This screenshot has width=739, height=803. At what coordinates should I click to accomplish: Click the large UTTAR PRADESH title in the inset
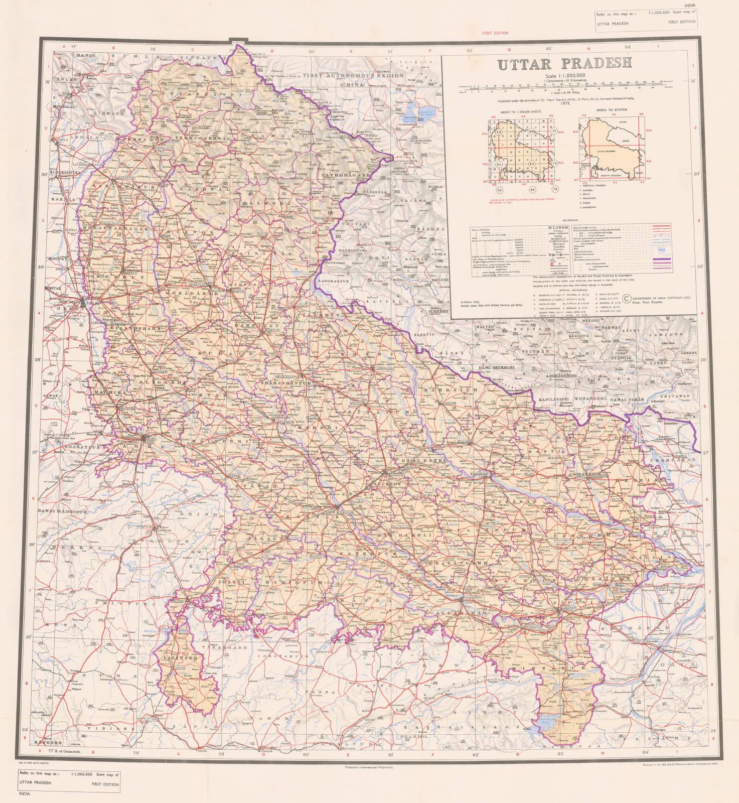point(564,64)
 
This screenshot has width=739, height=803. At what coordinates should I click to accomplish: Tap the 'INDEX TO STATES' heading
point(611,110)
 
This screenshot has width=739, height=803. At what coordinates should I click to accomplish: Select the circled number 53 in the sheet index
point(499,131)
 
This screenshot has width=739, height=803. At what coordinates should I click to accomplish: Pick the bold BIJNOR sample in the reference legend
point(555,228)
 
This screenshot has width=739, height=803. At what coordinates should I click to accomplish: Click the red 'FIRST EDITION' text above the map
point(495,33)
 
